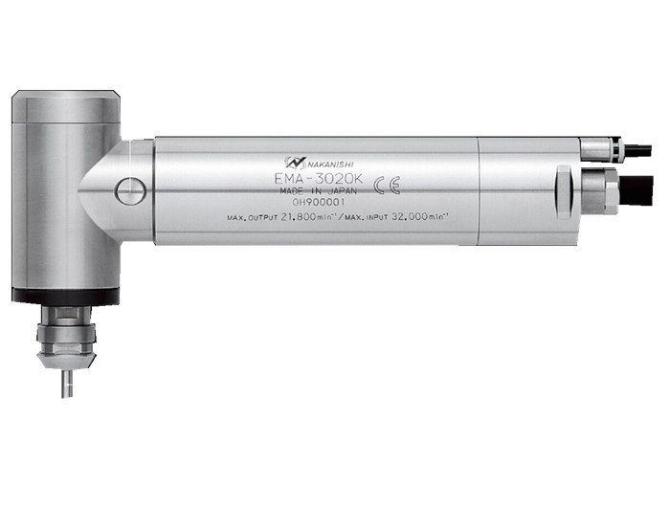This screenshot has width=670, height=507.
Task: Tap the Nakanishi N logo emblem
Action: tap(295, 163)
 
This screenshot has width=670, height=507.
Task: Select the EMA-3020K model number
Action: tap(320, 178)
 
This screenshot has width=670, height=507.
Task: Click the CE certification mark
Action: tap(387, 186)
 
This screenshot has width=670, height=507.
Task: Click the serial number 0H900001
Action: tap(319, 203)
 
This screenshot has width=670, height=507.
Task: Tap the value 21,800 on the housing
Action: tap(299, 216)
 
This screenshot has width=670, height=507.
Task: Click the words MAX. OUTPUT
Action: tap(253, 218)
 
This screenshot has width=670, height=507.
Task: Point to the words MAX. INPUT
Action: tap(367, 217)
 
